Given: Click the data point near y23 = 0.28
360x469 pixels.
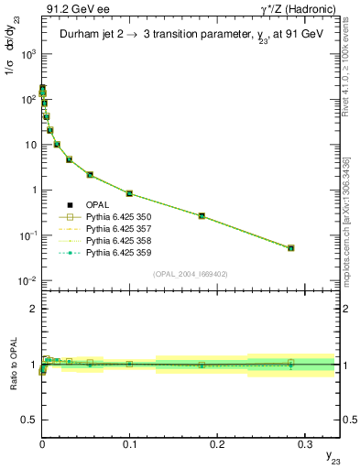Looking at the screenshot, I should [290, 248].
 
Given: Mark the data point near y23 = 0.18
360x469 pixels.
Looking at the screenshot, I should [202, 216].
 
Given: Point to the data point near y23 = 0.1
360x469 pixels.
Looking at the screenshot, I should [129, 193].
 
